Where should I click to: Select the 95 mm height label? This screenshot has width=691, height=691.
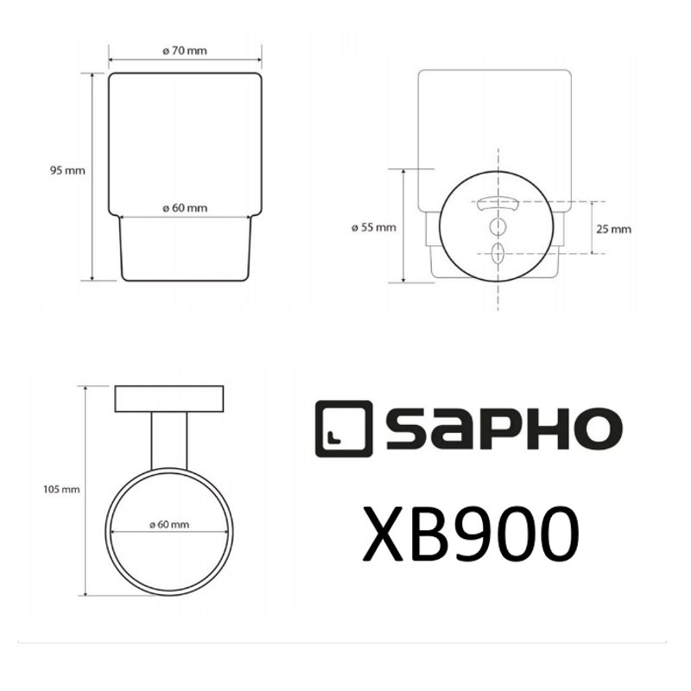coord(67,171)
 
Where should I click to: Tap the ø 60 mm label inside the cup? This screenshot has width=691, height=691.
coord(185,208)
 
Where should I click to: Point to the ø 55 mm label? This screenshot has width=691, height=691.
coord(374,227)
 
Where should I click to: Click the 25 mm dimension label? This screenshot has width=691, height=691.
coord(614,229)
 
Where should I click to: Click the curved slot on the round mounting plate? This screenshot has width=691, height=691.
coord(498,205)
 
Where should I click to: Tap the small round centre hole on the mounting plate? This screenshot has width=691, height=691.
coord(498,227)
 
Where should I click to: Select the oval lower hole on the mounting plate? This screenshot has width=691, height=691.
coord(498,254)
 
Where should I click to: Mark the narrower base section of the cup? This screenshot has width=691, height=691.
coord(185,248)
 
